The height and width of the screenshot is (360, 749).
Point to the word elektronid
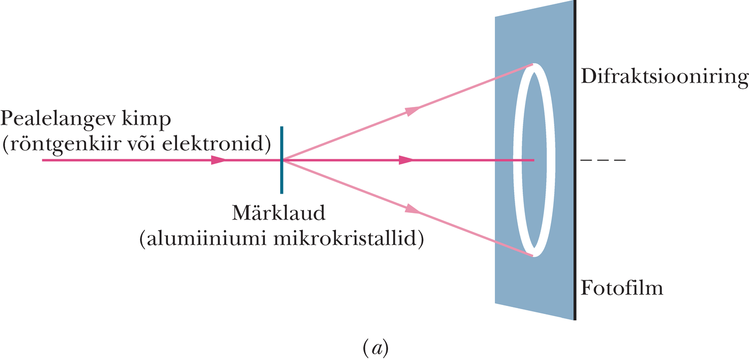click(213, 144)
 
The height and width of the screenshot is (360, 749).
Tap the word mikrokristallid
click(346, 239)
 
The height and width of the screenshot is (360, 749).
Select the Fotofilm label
click(622, 287)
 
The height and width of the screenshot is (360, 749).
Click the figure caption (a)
click(376, 349)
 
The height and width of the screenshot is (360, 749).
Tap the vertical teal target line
click(281, 160)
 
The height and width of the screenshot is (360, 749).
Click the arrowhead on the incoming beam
click(218, 160)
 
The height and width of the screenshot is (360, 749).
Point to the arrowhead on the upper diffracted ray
click(412, 110)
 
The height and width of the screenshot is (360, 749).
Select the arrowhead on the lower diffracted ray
click(412, 210)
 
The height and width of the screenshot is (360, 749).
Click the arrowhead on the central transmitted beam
click(406, 160)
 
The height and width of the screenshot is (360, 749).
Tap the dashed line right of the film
click(603, 160)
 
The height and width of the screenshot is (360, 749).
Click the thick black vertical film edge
click(575, 160)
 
